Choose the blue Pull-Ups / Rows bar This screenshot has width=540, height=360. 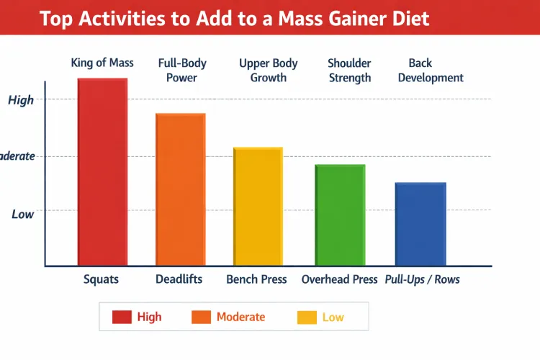pos(420,224)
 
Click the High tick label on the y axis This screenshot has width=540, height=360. pos(21,100)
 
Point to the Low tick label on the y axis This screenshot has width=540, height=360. pos(22,214)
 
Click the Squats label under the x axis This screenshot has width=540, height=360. pos(101,279)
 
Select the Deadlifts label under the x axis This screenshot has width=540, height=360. pos(179,279)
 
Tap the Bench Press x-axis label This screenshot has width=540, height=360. pos(256,279)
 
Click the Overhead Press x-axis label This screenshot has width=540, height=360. pos(339,279)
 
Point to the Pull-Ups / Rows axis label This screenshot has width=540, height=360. pos(422,279)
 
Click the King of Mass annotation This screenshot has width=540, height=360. pos(102,63)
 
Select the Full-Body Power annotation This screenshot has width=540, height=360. pos(181,71)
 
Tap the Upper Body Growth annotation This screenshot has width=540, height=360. pos(268,71)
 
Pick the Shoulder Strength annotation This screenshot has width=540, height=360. pos(349,71)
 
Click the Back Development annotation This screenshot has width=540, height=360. pos(431,71)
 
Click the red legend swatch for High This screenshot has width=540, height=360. pos(122,317)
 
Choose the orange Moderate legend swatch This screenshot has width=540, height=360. pos(201,317)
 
